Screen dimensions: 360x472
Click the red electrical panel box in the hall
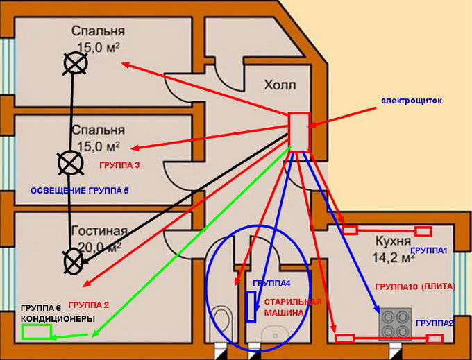pos(299,132)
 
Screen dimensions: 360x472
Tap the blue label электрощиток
pos(411,101)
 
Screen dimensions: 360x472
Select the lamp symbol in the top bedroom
pos(75,63)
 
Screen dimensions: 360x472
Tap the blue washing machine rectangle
pos(250,306)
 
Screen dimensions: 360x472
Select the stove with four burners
pos(394,320)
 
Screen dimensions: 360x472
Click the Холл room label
pos(279,86)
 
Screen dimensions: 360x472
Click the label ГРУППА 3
pos(119,166)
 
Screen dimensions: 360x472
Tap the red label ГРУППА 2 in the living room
pos(90,305)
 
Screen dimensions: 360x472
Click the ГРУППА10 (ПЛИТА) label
pos(414,286)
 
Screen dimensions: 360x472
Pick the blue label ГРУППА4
pos(271,284)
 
